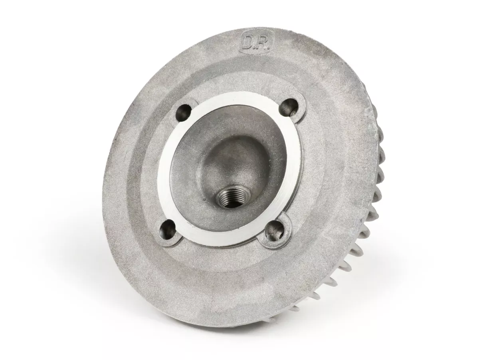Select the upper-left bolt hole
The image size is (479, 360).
(x=183, y=112)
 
